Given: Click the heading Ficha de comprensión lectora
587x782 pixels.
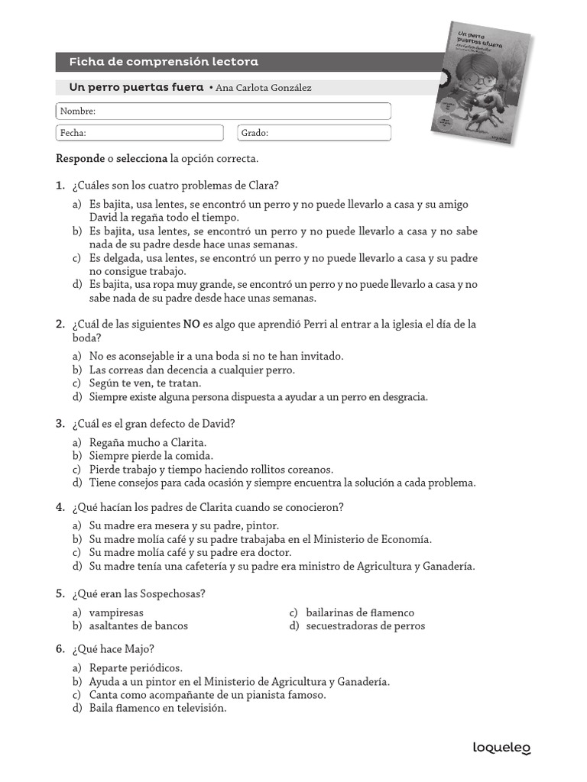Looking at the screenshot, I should (164, 61).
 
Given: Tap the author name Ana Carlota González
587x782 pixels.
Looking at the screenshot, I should (264, 88).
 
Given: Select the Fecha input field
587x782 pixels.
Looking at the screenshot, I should (140, 133).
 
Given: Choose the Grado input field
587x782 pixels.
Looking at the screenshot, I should (314, 133).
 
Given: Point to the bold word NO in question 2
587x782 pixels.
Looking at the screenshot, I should (191, 324).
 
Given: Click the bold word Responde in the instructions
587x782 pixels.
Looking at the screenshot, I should (80, 159).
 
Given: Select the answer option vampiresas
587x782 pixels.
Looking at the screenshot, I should (116, 612).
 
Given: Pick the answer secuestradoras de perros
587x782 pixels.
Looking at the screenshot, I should (365, 625).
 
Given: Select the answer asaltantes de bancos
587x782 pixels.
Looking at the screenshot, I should (138, 625).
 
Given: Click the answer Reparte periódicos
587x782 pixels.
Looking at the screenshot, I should (136, 667).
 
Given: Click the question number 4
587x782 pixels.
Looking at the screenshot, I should (60, 506).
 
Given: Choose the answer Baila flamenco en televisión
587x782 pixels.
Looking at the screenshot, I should (157, 708).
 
